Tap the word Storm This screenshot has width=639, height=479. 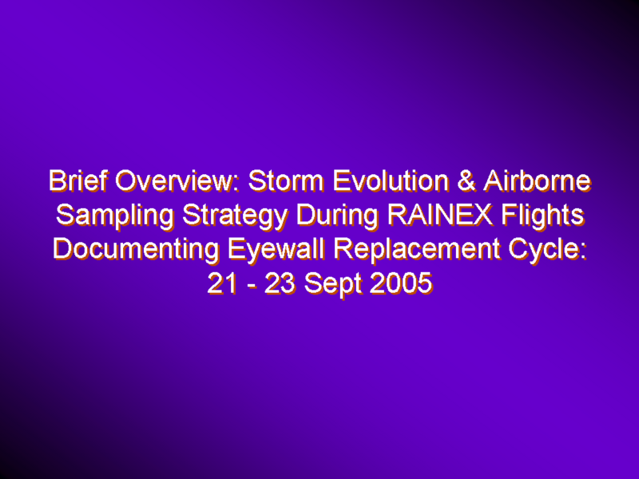click(x=286, y=180)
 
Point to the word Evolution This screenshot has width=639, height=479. click(x=391, y=180)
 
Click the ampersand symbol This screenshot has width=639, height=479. click(x=466, y=180)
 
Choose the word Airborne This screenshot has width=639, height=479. click(x=537, y=180)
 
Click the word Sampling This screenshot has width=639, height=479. click(x=115, y=216)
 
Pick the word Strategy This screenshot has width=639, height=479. click(x=235, y=216)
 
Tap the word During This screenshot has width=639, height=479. click(x=337, y=216)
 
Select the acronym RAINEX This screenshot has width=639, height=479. click(x=440, y=215)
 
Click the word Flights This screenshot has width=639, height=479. click(x=543, y=216)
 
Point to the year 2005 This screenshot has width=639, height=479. click(x=401, y=283)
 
